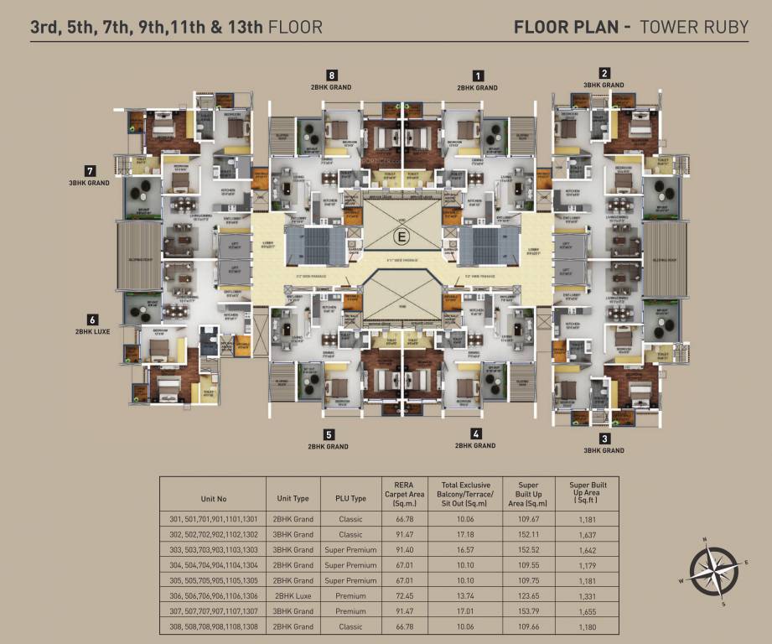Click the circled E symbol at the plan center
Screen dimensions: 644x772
coord(401,236)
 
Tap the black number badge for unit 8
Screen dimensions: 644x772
coord(333,75)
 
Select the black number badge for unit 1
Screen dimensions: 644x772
coord(479,75)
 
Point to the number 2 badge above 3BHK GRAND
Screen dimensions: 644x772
coord(604,73)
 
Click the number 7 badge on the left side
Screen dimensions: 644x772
coord(90,170)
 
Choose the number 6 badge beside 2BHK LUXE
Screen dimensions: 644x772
coord(92,319)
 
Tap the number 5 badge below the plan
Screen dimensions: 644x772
coord(329,434)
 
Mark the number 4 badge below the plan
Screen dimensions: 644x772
coord(476,434)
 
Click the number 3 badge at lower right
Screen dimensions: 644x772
coord(604,438)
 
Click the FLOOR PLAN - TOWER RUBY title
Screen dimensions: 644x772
coord(630,27)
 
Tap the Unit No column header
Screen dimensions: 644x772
coord(213,498)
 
